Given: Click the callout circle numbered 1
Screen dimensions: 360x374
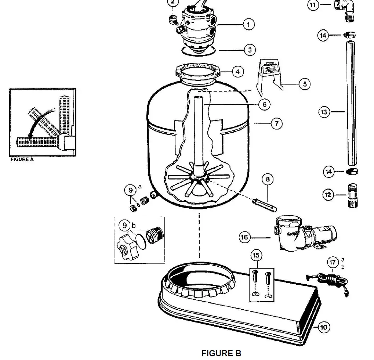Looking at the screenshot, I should point(248,25).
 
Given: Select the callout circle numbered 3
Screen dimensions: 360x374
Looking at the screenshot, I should point(250,50).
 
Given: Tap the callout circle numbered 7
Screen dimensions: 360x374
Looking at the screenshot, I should point(276,124).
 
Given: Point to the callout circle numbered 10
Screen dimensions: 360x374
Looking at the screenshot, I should point(323,327).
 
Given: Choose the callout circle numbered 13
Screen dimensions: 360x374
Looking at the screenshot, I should point(324,112).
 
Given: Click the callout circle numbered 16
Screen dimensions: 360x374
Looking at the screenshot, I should point(245,237).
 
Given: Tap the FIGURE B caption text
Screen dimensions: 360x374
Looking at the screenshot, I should point(221,353).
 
